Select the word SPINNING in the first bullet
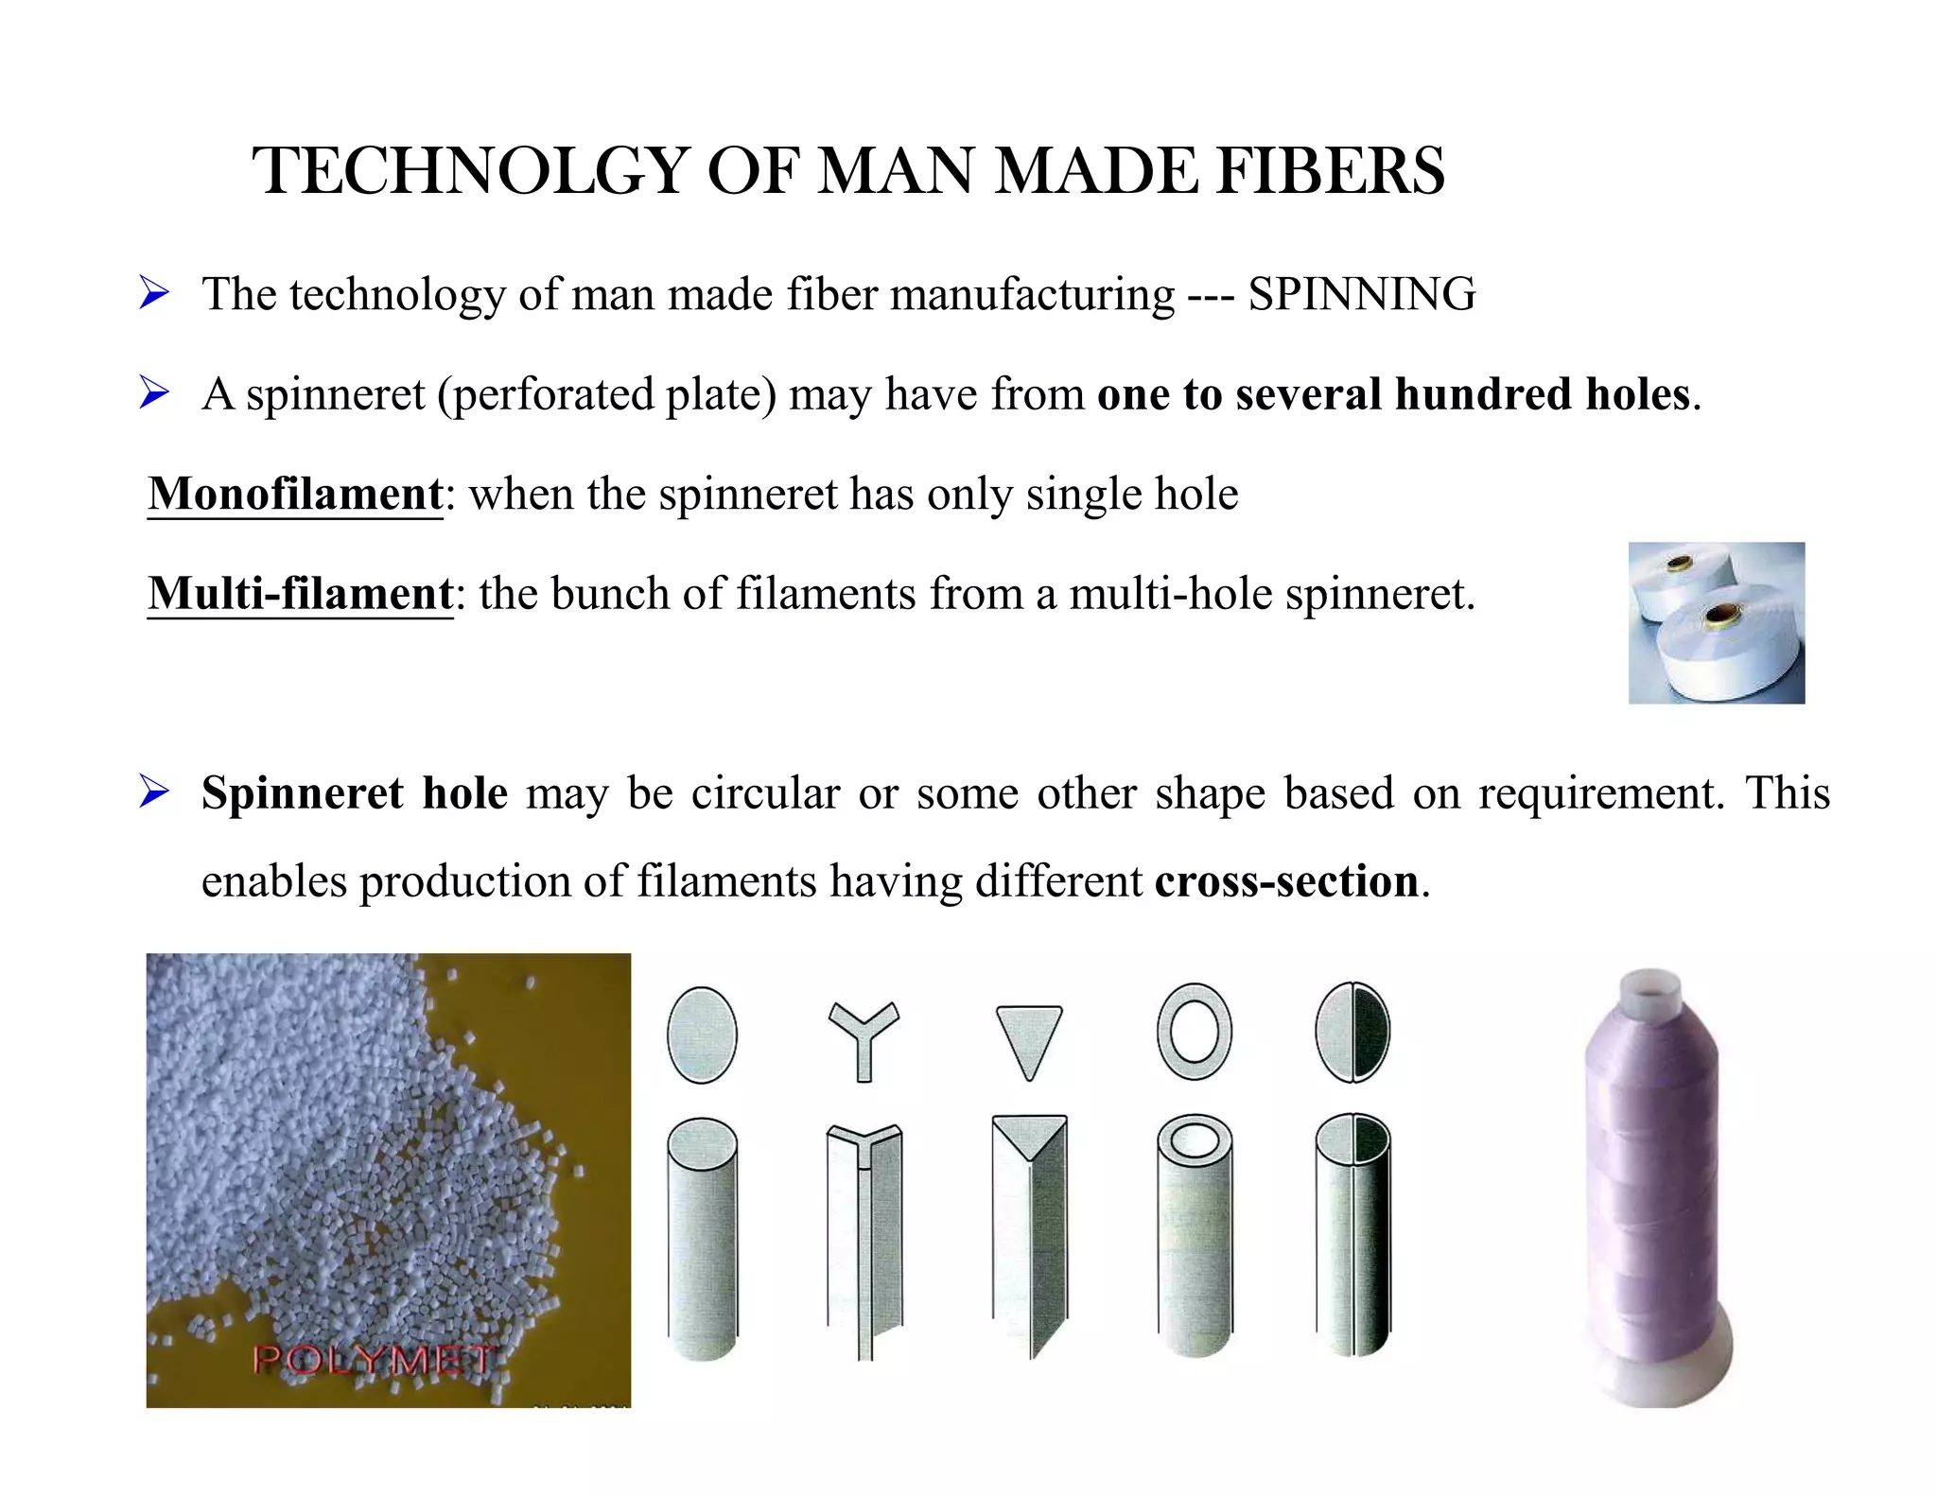1361,294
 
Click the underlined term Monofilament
295,494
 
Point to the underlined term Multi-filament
301,594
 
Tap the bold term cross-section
1286,881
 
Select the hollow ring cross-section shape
1195,1032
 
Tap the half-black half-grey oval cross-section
1352,1032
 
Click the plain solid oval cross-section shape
702,1035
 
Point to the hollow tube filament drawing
1195,1239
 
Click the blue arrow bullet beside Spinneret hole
153,791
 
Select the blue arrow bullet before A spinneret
153,392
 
